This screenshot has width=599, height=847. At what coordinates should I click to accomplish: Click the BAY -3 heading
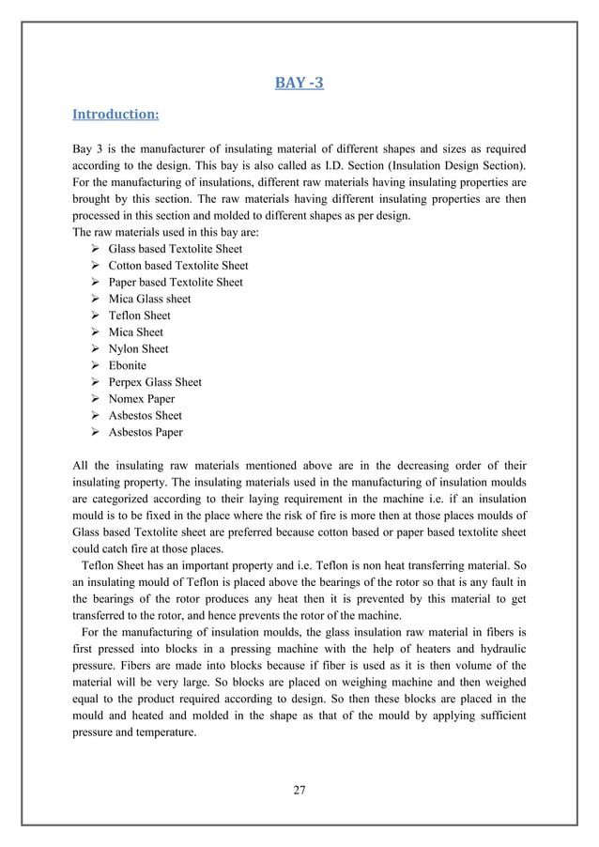point(299,83)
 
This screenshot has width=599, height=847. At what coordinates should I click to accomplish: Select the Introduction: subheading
point(115,115)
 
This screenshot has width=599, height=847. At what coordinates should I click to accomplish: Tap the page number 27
point(299,789)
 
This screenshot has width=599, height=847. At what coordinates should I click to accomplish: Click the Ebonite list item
point(128,365)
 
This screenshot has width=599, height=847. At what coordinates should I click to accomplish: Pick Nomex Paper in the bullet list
point(142,399)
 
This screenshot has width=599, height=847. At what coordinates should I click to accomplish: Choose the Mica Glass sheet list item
point(149,299)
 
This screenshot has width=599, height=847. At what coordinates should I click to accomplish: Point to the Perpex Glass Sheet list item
point(155,382)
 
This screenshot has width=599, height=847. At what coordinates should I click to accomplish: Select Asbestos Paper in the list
point(146,432)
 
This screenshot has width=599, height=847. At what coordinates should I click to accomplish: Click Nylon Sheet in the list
point(138,348)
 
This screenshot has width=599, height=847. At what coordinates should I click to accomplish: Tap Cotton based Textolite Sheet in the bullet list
point(178,266)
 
